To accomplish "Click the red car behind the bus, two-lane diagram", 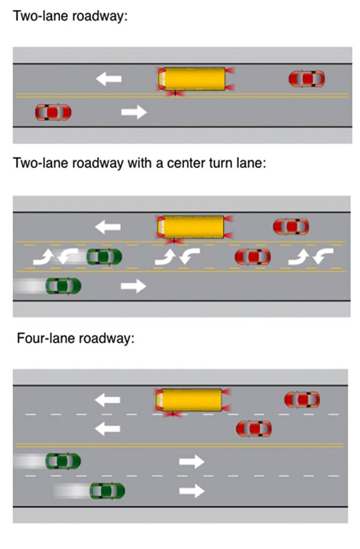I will pos(306,79).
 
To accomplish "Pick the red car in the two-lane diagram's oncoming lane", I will pos(53,112).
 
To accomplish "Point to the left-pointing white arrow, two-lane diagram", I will pos(109,79).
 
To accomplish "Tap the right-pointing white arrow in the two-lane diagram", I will pos(134,112).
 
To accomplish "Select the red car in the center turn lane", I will pos(252,257).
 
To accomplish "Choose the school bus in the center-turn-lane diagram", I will pos(191,226).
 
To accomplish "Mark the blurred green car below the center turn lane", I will pos(64,286).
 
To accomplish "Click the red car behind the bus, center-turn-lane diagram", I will pos(290,226).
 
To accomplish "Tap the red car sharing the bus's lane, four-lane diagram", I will pos(302,399).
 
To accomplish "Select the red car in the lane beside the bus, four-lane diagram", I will pos(254,428).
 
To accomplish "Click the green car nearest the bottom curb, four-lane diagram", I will pos(107,490).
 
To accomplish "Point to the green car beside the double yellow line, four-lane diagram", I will pos(63,461).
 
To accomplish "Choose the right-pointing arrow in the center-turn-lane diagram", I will pos(133,286).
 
